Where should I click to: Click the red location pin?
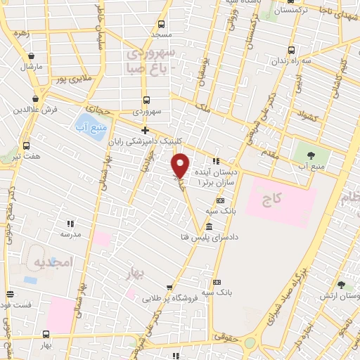181,165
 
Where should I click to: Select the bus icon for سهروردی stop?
146,101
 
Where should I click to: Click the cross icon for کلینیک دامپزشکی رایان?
145,130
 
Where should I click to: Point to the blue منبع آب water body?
86,122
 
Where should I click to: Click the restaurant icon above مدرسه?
70,223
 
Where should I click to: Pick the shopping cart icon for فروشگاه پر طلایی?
169,287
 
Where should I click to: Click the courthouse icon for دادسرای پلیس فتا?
210,226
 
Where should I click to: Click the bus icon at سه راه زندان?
292,51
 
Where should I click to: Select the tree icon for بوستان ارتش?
341,285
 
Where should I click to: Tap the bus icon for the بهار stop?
46,334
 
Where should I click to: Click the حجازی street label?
103,109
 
